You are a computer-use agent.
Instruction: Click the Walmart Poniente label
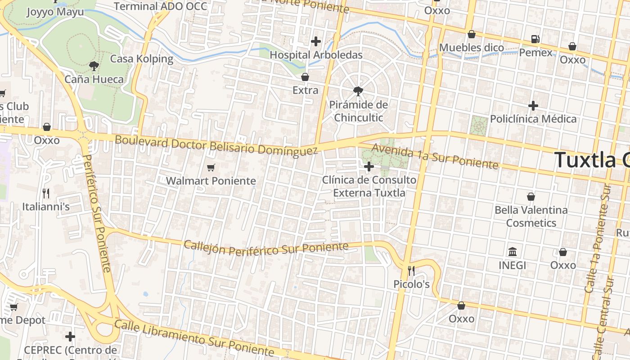click(x=211, y=181)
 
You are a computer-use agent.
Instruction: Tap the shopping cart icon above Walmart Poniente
click(x=211, y=168)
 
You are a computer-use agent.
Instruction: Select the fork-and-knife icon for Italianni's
click(x=46, y=193)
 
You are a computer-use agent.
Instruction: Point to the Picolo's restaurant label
click(x=411, y=284)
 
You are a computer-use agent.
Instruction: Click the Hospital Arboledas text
click(x=316, y=55)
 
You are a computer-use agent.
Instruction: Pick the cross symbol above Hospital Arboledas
click(x=316, y=41)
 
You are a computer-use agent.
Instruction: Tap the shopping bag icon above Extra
click(x=305, y=77)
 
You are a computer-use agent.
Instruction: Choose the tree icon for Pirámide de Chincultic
click(x=358, y=91)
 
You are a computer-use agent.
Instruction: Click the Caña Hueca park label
click(x=94, y=80)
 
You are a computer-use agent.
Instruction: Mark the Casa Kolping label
click(x=142, y=59)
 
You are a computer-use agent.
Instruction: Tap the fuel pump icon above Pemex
click(x=535, y=39)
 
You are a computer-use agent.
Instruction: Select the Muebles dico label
click(x=471, y=48)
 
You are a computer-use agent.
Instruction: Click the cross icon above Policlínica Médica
click(x=533, y=106)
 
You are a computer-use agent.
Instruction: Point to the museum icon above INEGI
click(x=512, y=252)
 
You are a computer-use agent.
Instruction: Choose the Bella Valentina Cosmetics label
click(x=531, y=216)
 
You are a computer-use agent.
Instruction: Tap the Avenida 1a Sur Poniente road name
click(x=435, y=157)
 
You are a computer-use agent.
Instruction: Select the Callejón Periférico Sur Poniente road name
click(x=266, y=248)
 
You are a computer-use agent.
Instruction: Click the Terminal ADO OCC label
click(x=161, y=6)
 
